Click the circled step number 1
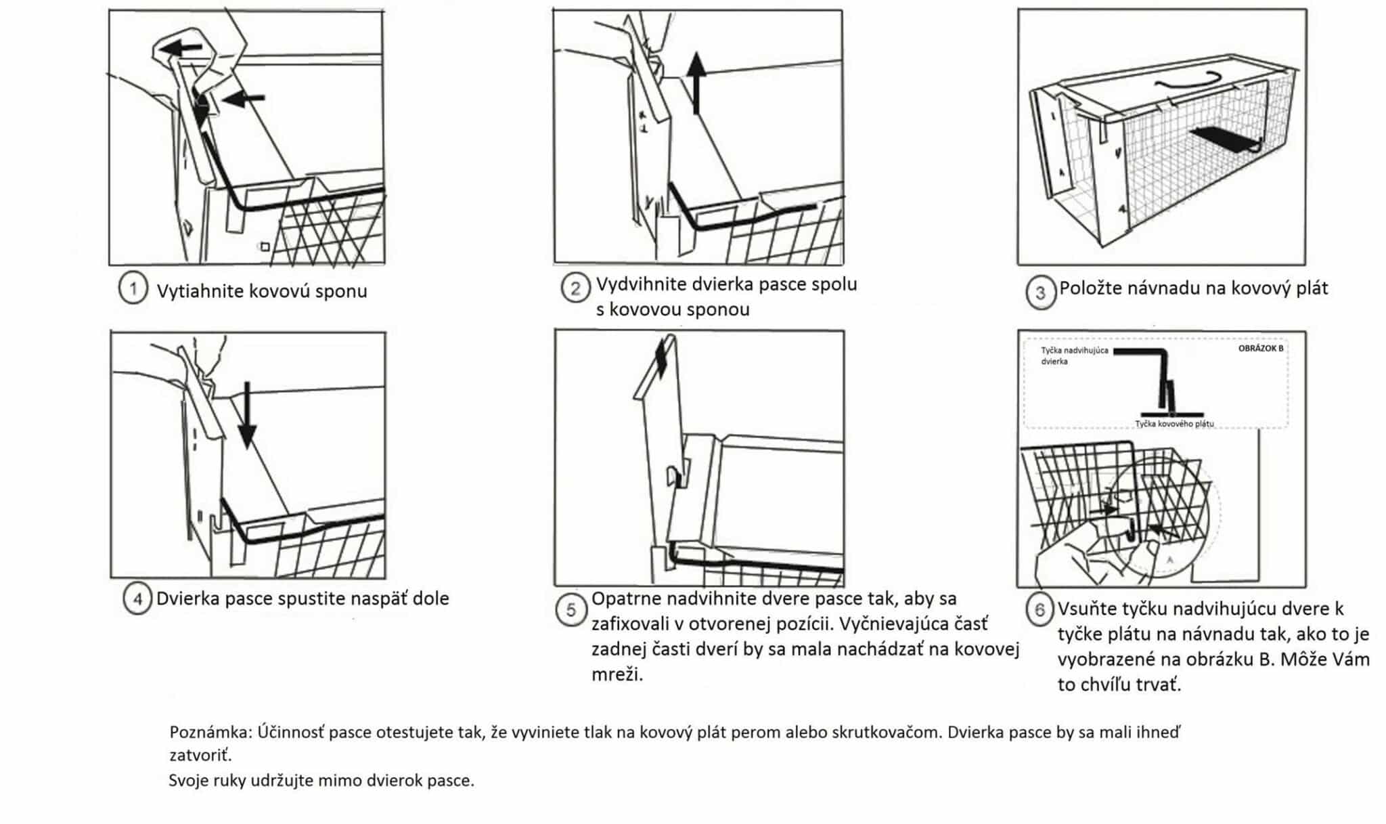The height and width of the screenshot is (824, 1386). click(x=133, y=289)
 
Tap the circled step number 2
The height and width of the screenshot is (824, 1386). click(x=575, y=288)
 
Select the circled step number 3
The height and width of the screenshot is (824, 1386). click(x=1040, y=292)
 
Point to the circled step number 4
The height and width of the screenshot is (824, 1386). click(x=137, y=599)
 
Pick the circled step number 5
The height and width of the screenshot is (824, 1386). click(x=571, y=610)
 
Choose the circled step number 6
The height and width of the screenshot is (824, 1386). click(x=1039, y=610)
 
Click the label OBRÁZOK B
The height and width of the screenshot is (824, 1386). click(x=1260, y=349)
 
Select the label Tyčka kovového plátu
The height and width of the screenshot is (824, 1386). click(x=1174, y=424)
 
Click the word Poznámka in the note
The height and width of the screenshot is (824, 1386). click(x=210, y=732)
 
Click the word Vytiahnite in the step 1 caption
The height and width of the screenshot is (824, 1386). click(x=200, y=291)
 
